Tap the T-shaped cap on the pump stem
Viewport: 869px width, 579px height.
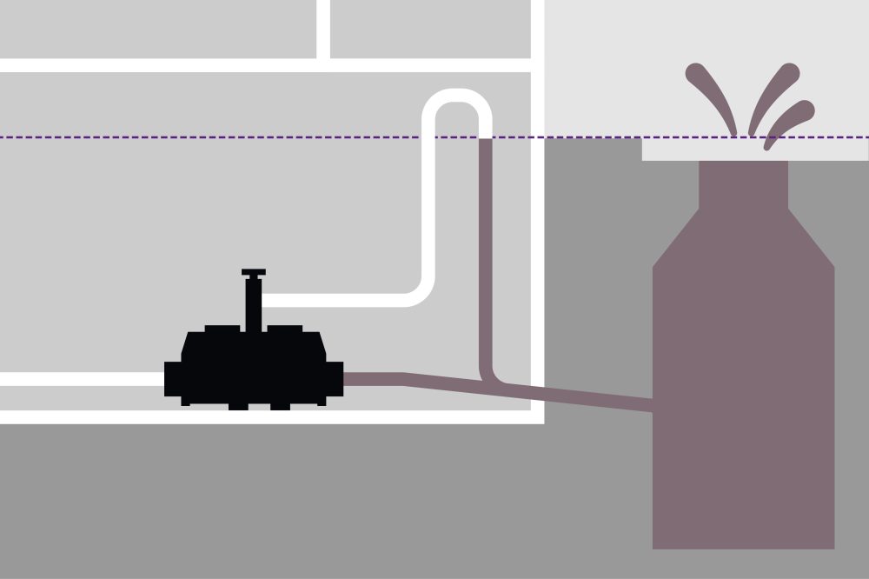pyautogui.click(x=254, y=273)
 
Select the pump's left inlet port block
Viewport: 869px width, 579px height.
pyautogui.click(x=173, y=379)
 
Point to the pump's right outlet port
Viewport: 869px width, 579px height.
pyautogui.click(x=335, y=379)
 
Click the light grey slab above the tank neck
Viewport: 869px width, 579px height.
pyautogui.click(x=834, y=150)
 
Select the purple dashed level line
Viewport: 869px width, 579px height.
pyautogui.click(x=261, y=137)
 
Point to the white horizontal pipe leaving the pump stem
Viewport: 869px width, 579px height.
pyautogui.click(x=348, y=300)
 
